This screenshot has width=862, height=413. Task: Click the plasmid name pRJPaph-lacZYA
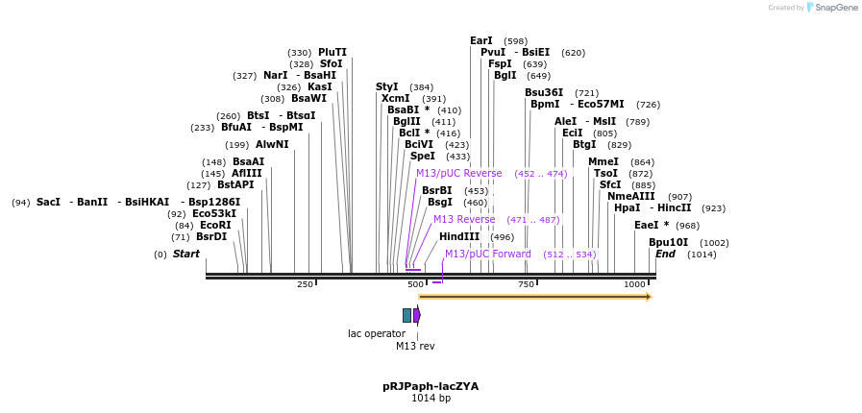tap(431, 386)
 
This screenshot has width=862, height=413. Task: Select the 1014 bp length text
tap(431, 399)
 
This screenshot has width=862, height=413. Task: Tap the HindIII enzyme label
tap(458, 237)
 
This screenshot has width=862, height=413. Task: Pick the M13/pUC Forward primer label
tap(487, 255)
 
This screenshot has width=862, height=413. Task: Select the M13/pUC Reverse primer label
tap(458, 174)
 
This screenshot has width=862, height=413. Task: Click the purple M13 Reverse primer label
tap(464, 220)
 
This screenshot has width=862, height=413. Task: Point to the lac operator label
tap(377, 334)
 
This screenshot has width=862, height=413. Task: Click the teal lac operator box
tap(406, 315)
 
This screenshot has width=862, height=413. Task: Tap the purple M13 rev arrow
tap(417, 315)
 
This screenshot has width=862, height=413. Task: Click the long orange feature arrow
tap(535, 297)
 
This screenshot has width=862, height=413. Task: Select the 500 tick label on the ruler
tap(415, 285)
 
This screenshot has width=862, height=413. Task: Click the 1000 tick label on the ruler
tap(634, 285)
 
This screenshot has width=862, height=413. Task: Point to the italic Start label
tap(185, 255)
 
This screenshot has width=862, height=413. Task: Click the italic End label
tap(665, 255)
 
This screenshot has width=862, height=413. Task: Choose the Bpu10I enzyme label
tap(668, 243)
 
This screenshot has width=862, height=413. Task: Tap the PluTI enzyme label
tap(332, 53)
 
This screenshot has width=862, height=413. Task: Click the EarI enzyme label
tap(480, 41)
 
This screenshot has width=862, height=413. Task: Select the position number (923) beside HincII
tap(713, 208)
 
